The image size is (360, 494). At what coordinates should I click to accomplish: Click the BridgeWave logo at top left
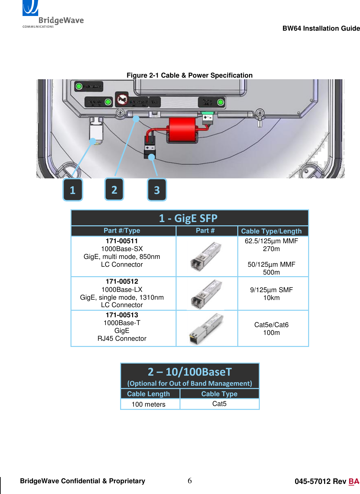(52, 15)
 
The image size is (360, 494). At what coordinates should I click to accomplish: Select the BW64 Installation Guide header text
(321, 28)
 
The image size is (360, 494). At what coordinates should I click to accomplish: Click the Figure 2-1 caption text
(189, 75)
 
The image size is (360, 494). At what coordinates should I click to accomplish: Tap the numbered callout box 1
(72, 190)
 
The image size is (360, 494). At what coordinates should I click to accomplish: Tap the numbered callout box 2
(114, 189)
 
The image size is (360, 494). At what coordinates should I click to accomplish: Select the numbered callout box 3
(157, 190)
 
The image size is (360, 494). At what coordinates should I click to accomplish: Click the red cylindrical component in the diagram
(182, 130)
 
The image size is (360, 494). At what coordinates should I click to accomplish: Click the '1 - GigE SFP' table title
(188, 218)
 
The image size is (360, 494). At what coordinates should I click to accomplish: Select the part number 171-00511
(122, 241)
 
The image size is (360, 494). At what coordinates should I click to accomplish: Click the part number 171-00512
(122, 281)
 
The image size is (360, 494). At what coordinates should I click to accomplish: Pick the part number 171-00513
(122, 315)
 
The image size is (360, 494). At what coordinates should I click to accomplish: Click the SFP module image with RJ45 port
(206, 329)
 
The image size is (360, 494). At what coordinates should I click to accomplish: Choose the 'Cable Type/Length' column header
(271, 231)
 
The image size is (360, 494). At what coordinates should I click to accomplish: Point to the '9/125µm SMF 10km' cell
(271, 294)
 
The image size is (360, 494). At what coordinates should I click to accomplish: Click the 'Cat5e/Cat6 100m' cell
(271, 329)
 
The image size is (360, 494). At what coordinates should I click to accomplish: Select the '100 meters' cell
(149, 404)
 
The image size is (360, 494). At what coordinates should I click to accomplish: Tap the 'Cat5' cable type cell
(219, 404)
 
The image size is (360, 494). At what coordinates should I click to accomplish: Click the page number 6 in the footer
(190, 481)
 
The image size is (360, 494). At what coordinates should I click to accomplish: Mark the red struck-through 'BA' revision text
(354, 482)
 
